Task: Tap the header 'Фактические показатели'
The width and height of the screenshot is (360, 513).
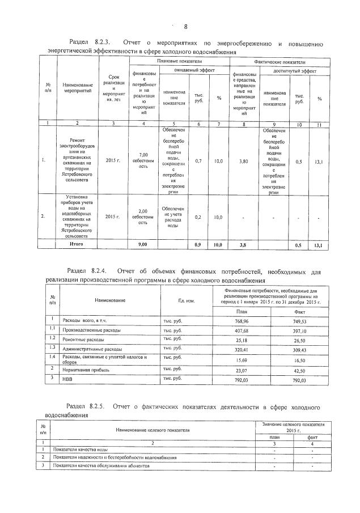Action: pos(279,60)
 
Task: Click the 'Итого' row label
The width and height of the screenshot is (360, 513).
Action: pos(76,244)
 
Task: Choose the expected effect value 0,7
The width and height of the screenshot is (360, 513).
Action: pos(198,161)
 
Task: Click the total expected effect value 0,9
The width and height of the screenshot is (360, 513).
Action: pos(198,245)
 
